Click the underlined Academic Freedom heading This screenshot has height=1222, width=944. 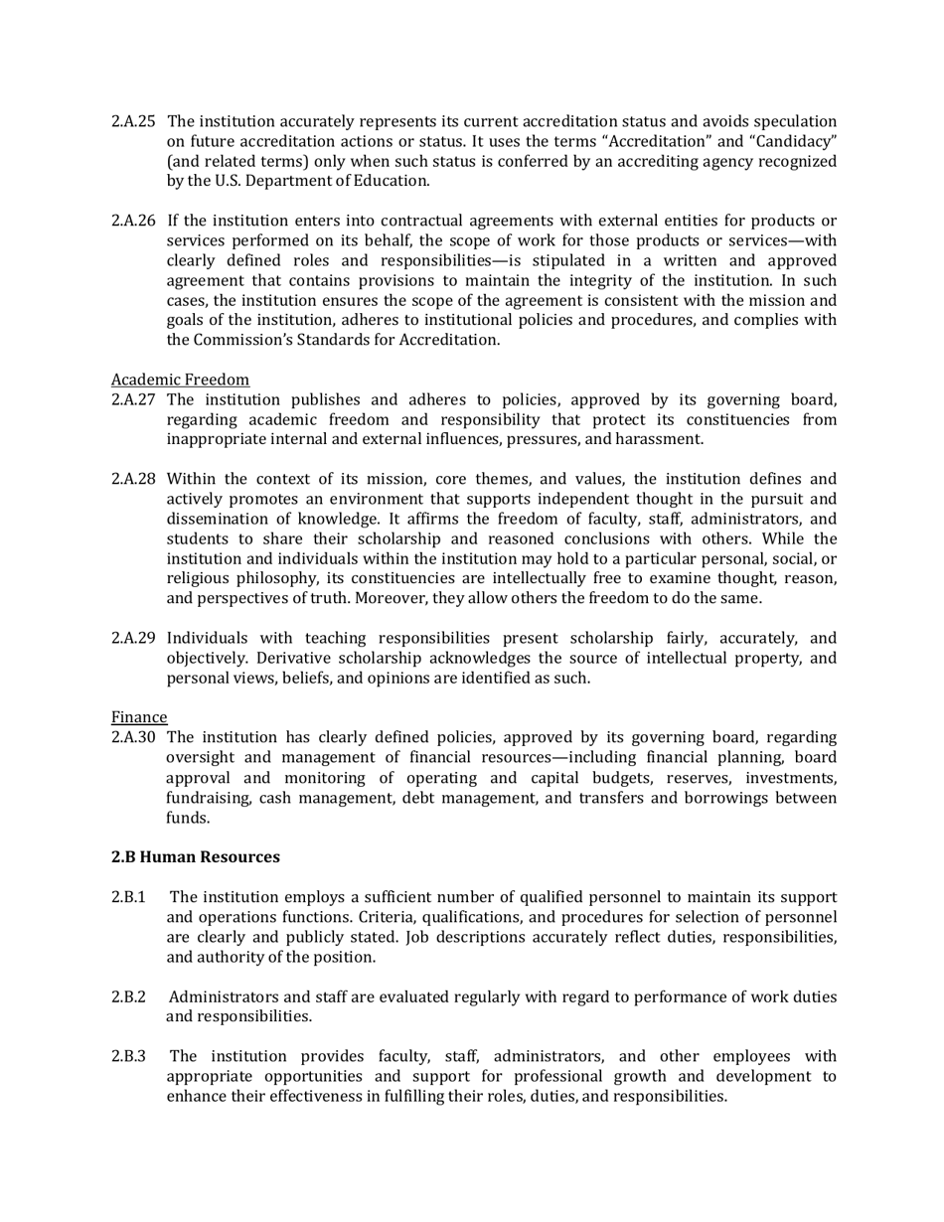pyautogui.click(x=180, y=380)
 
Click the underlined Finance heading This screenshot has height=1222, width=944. pyautogui.click(x=138, y=717)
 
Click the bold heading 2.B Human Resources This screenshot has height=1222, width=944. pyautogui.click(x=195, y=856)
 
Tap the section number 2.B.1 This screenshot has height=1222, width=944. pyautogui.click(x=128, y=897)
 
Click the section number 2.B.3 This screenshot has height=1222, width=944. pyautogui.click(x=128, y=1056)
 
